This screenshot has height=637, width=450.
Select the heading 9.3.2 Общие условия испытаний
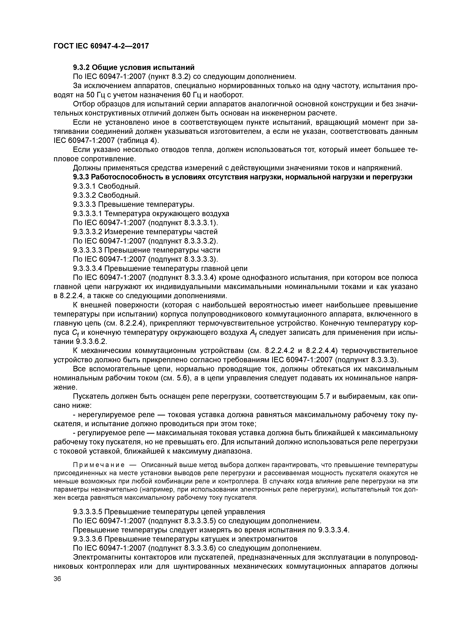click(x=134, y=67)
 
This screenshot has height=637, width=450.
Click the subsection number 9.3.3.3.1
click(x=88, y=214)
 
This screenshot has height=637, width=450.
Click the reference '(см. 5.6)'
click(x=176, y=378)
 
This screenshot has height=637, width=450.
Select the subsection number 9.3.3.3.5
click(x=88, y=512)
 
